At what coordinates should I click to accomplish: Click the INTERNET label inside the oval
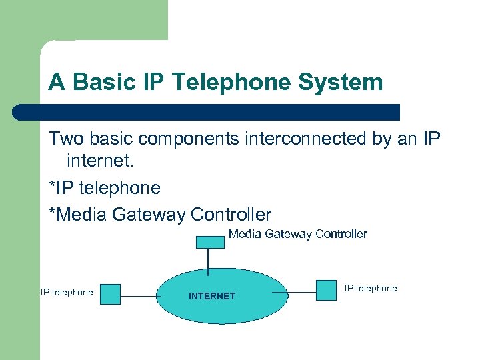coord(212,296)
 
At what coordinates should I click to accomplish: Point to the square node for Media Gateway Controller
coord(209,241)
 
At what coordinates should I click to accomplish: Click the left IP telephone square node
coord(110,294)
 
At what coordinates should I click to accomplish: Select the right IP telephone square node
coord(326,290)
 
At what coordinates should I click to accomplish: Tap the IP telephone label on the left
coord(67,292)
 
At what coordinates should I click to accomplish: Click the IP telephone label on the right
coord(371,288)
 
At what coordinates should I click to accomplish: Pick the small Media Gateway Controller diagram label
coord(297,234)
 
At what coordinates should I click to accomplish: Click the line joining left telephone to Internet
coord(138,295)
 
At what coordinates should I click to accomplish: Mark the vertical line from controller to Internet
coord(209,261)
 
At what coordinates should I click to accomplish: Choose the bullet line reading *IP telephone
coord(105,188)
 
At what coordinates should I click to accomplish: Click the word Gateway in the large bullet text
coord(151,215)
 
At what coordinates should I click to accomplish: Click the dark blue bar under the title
coord(207,111)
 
